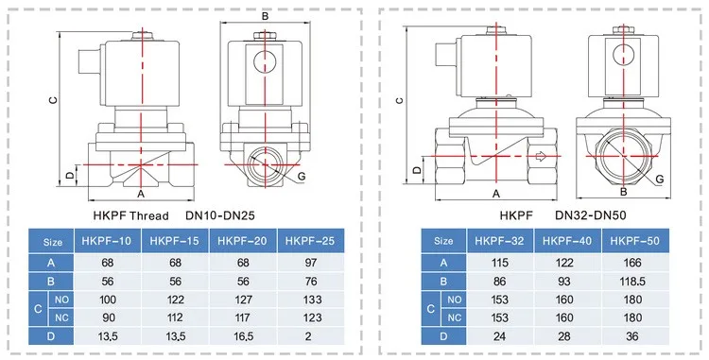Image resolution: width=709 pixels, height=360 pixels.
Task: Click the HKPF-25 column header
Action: [310, 241]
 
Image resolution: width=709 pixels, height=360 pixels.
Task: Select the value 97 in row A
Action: [311, 263]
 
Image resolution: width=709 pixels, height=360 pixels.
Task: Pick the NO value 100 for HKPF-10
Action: [108, 300]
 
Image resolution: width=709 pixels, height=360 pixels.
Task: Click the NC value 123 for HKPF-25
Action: [312, 317]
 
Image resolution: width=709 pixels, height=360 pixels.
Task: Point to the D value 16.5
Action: [243, 336]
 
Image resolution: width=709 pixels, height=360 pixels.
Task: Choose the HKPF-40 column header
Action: [567, 241]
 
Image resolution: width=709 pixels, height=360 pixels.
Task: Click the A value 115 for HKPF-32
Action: [500, 263]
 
